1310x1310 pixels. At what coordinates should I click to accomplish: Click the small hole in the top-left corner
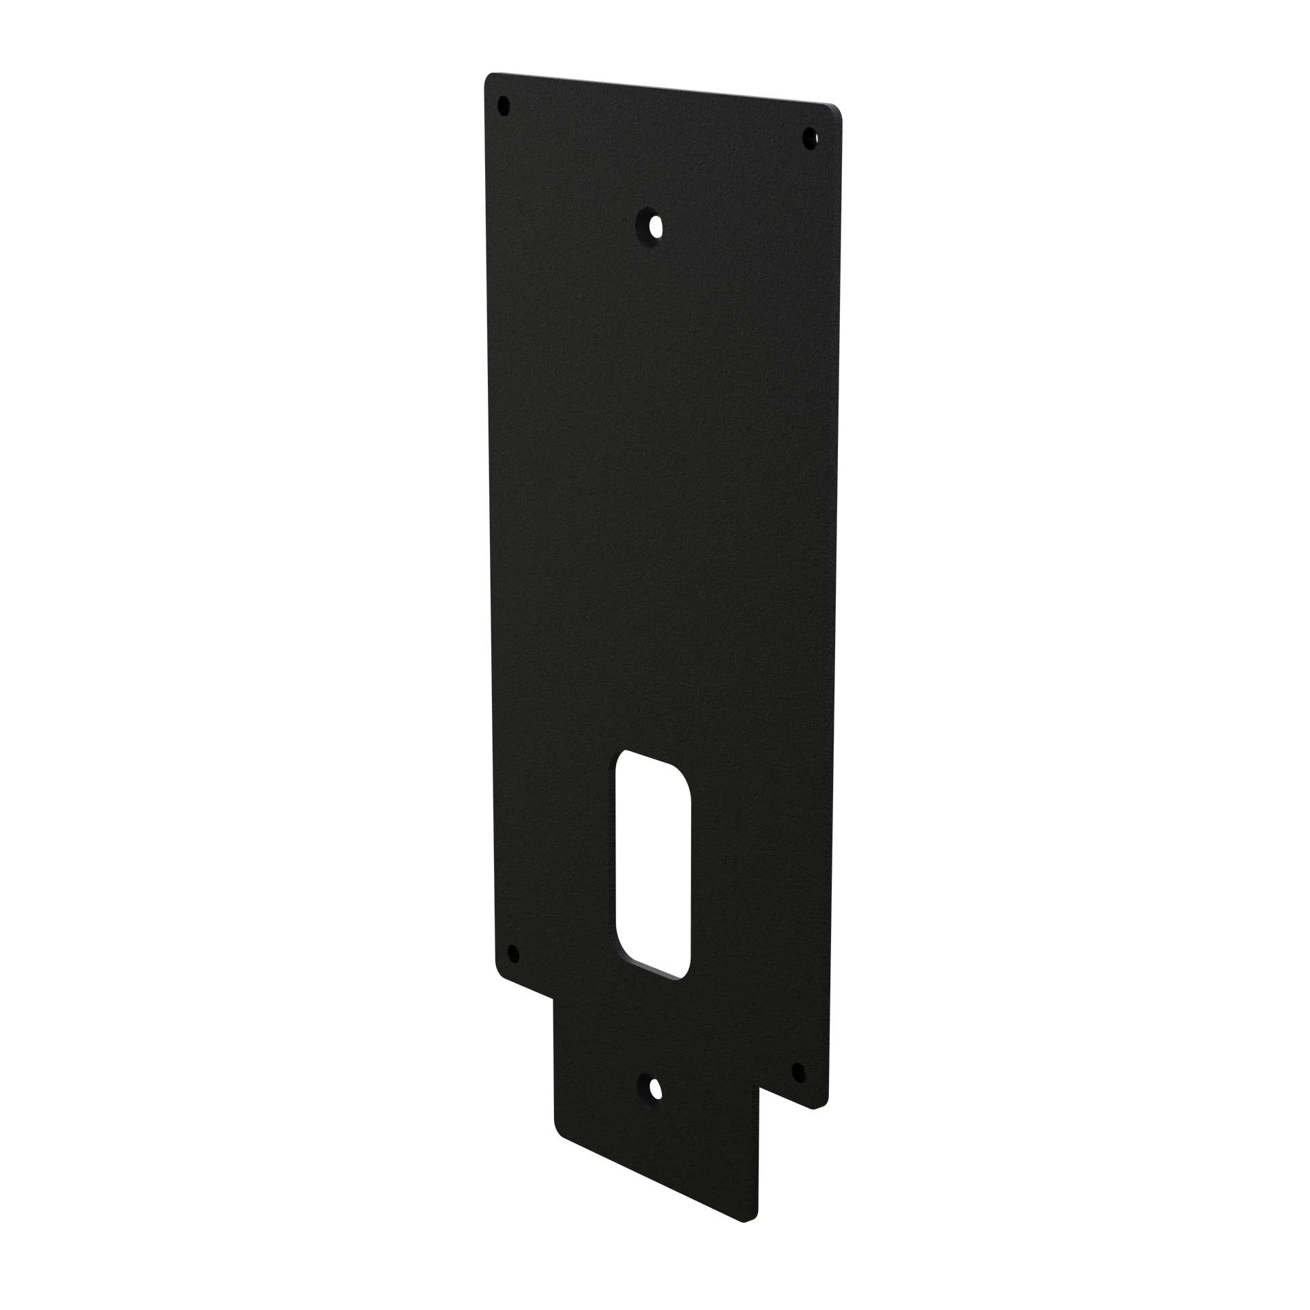tap(504, 106)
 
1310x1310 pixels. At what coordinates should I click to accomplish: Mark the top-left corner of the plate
tap(482, 72)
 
